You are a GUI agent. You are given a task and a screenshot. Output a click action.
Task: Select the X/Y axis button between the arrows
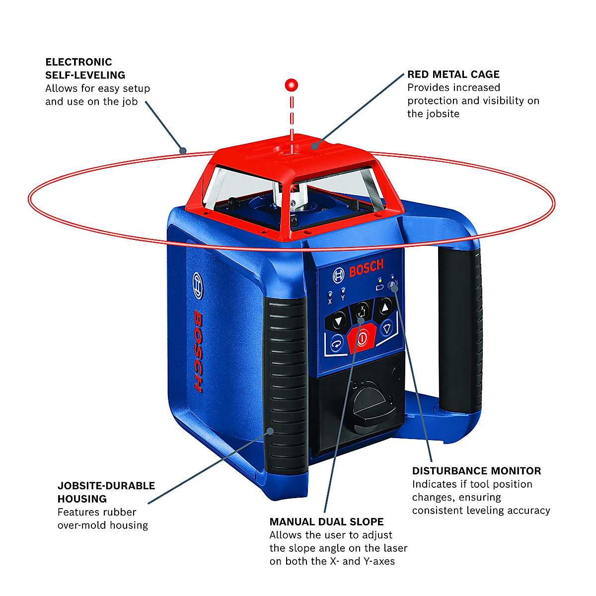pos(362,312)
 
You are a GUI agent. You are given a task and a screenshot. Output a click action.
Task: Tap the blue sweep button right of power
pos(387,328)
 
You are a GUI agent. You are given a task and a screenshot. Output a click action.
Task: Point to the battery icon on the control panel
pos(380,287)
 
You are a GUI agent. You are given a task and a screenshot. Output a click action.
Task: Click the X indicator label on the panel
pos(330,301)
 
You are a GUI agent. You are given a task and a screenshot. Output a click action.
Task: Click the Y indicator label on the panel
pos(343,298)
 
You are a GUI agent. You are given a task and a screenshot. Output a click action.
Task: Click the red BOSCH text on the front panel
pos(366,269)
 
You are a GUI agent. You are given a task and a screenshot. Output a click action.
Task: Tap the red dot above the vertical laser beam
pos(291,85)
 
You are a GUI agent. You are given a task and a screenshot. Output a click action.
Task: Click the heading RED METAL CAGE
pos(453,74)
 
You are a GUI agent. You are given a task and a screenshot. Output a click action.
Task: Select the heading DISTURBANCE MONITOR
pos(476,471)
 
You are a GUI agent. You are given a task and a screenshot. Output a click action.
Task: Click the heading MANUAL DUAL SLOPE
pos(326,522)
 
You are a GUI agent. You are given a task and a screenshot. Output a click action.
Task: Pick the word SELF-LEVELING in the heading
pos(85,75)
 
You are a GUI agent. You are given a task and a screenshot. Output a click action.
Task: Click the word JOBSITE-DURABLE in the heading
pos(106,486)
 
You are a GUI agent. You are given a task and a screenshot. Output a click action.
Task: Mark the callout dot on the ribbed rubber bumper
pos(271,431)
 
